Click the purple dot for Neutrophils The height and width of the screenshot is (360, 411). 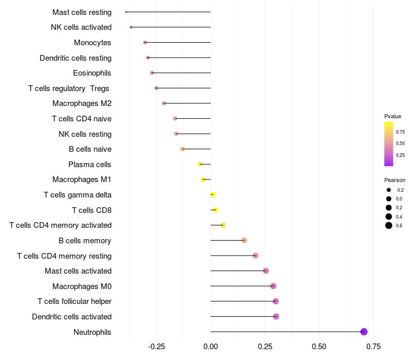tap(364, 332)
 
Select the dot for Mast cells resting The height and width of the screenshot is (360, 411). tap(126, 12)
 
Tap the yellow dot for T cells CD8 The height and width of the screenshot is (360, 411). tap(215, 210)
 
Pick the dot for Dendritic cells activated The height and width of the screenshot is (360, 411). tap(276, 316)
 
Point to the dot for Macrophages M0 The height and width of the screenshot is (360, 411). tap(273, 286)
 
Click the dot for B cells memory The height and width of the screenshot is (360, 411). tap(244, 240)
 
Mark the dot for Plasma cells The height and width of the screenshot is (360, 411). tap(200, 164)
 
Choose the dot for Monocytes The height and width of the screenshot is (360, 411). tap(145, 42)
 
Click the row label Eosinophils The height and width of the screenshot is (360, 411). tap(92, 73)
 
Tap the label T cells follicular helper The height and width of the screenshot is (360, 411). tap(74, 301)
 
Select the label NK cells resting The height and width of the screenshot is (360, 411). tap(85, 134)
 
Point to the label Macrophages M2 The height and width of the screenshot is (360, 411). tap(82, 103)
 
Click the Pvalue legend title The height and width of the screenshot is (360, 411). tap(393, 116)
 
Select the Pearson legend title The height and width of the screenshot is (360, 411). tap(395, 180)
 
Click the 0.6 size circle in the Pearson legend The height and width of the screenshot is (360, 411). tap(389, 225)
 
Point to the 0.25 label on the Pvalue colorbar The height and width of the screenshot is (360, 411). tap(400, 155)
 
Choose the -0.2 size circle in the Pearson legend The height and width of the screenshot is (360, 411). tap(389, 190)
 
